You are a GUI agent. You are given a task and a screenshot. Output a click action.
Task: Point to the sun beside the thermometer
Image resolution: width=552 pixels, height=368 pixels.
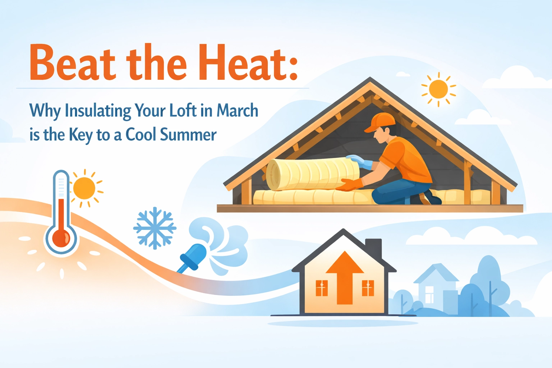[x=85, y=188]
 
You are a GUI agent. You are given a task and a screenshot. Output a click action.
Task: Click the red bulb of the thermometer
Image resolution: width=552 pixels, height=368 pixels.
[x=61, y=238]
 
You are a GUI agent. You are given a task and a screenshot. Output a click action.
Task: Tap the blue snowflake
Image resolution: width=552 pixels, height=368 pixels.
[x=155, y=228]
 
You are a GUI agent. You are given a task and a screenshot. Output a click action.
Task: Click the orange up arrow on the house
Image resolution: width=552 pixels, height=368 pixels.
[x=345, y=278]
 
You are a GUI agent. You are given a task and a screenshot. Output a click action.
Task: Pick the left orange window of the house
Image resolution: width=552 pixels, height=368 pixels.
[x=322, y=288]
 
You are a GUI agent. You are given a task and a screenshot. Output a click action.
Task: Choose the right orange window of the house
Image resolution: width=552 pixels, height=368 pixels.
[x=368, y=288]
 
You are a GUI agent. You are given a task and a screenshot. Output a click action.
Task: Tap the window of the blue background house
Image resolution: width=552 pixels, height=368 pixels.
[x=429, y=295]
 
